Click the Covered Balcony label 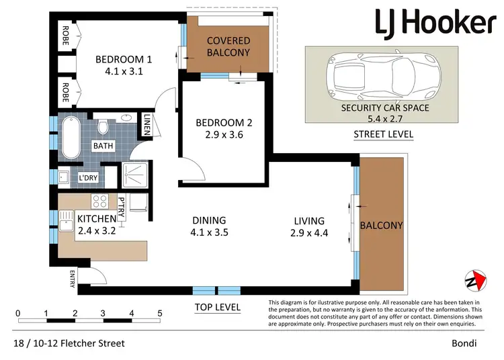pos(228,46)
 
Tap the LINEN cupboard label pos(147,124)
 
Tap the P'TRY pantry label pos(122,208)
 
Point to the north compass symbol pos(475,280)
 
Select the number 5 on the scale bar pos(160,313)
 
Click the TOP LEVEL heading pos(217,308)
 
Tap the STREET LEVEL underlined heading pos(384,134)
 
